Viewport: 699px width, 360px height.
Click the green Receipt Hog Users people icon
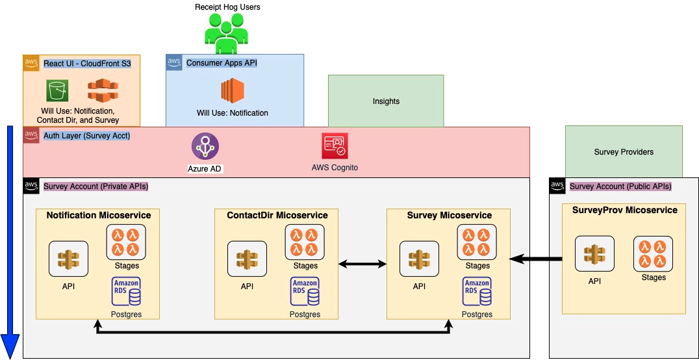tap(226, 34)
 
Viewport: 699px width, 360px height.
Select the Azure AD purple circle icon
tap(205, 146)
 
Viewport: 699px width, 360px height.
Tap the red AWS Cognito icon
tap(335, 146)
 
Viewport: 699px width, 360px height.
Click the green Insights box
tap(386, 101)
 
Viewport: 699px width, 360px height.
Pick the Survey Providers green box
tap(624, 151)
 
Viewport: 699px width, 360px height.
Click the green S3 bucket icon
tap(57, 91)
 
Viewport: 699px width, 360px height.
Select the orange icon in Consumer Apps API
tap(232, 92)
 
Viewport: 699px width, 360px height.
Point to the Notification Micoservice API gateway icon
tap(68, 259)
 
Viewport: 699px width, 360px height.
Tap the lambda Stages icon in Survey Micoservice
tap(477, 242)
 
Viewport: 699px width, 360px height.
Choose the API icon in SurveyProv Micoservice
tap(594, 255)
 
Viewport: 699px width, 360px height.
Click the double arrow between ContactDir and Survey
tap(362, 264)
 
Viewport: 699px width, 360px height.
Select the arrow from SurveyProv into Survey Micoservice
tap(536, 259)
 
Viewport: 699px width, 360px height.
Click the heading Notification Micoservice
tap(98, 215)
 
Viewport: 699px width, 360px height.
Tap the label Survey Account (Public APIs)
tap(620, 186)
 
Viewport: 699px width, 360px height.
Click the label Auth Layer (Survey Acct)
tap(86, 136)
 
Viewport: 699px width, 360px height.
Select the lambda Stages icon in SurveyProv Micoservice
tap(653, 253)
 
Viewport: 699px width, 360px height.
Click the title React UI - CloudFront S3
tap(91, 63)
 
